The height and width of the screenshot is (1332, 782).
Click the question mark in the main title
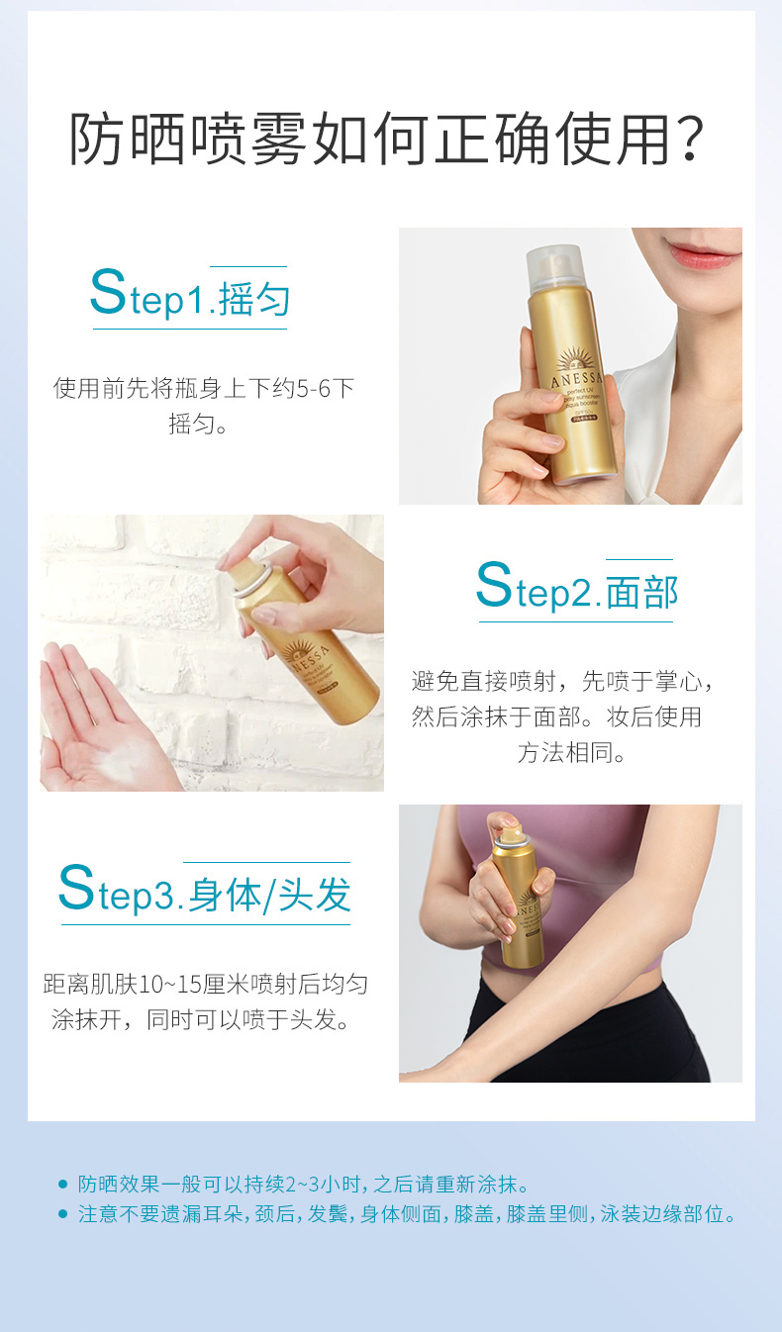point(690,140)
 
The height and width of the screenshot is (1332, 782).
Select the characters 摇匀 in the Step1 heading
point(254,299)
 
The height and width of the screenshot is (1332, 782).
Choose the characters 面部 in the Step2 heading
point(642,592)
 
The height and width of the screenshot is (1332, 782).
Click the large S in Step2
point(494,584)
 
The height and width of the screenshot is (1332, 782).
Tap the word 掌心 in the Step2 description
point(678,682)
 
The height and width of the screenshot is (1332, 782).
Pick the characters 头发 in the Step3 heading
point(315,895)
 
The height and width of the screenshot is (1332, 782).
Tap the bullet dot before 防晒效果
point(62,1184)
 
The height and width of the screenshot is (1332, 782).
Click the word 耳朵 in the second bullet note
point(224,1213)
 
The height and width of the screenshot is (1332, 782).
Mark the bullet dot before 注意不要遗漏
point(62,1213)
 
